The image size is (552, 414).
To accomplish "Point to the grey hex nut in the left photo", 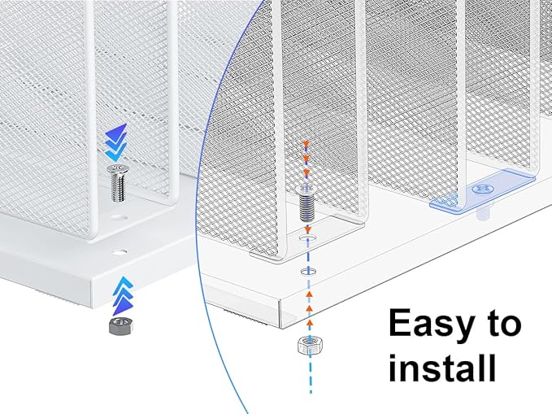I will pos(120,326).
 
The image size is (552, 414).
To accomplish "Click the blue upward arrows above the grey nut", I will pos(120,292).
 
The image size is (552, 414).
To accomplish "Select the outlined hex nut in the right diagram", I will pos(309,345).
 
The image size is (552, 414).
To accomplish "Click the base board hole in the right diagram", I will pos(307,269).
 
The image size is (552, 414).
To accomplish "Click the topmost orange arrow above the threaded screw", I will pos(306,145).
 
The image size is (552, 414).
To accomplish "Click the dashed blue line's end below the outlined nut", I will pos(310,392).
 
